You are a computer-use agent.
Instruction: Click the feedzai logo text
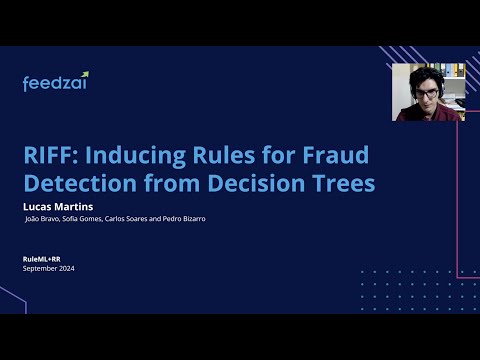(x=53, y=84)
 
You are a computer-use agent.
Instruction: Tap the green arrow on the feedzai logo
(x=85, y=75)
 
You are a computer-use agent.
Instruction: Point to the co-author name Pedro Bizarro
(x=185, y=219)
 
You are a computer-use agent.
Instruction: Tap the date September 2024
(x=49, y=268)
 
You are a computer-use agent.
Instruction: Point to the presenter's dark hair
(x=427, y=76)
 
